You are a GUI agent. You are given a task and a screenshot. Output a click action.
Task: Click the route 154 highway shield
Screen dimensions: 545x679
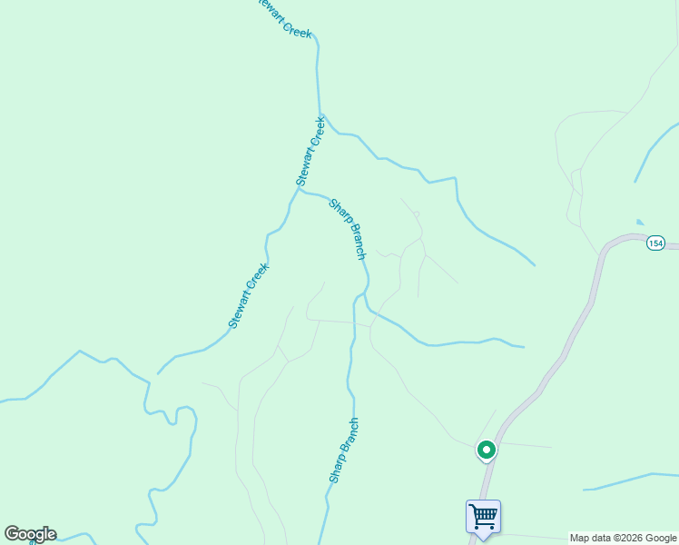tap(655, 243)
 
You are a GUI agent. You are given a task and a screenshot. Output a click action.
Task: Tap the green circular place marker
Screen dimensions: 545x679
tap(487, 449)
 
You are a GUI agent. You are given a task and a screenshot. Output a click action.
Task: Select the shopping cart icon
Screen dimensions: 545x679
tap(483, 517)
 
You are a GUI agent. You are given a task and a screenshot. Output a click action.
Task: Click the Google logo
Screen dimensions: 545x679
tap(30, 534)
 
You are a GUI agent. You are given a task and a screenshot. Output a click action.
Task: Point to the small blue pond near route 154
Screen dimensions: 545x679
tap(641, 222)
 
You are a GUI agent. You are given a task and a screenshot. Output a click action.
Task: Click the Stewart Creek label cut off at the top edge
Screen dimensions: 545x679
tap(283, 18)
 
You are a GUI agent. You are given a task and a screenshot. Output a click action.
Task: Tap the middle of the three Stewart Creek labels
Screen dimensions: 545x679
tap(310, 151)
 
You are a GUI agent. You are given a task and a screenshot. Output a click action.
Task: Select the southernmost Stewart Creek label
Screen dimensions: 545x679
tap(249, 295)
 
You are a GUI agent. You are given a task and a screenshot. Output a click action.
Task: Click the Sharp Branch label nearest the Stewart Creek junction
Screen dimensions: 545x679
tap(347, 229)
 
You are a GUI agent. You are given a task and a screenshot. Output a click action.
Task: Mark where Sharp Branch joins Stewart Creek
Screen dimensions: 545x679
tap(300, 191)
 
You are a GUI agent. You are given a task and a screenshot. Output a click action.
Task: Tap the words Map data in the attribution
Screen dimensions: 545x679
tap(586, 538)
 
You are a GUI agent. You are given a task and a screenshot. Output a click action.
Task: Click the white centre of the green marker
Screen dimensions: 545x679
tap(487, 449)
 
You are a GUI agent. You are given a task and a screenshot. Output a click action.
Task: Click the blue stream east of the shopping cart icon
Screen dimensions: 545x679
tap(626, 481)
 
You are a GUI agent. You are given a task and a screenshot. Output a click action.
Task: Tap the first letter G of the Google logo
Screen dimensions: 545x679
tap(12, 534)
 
